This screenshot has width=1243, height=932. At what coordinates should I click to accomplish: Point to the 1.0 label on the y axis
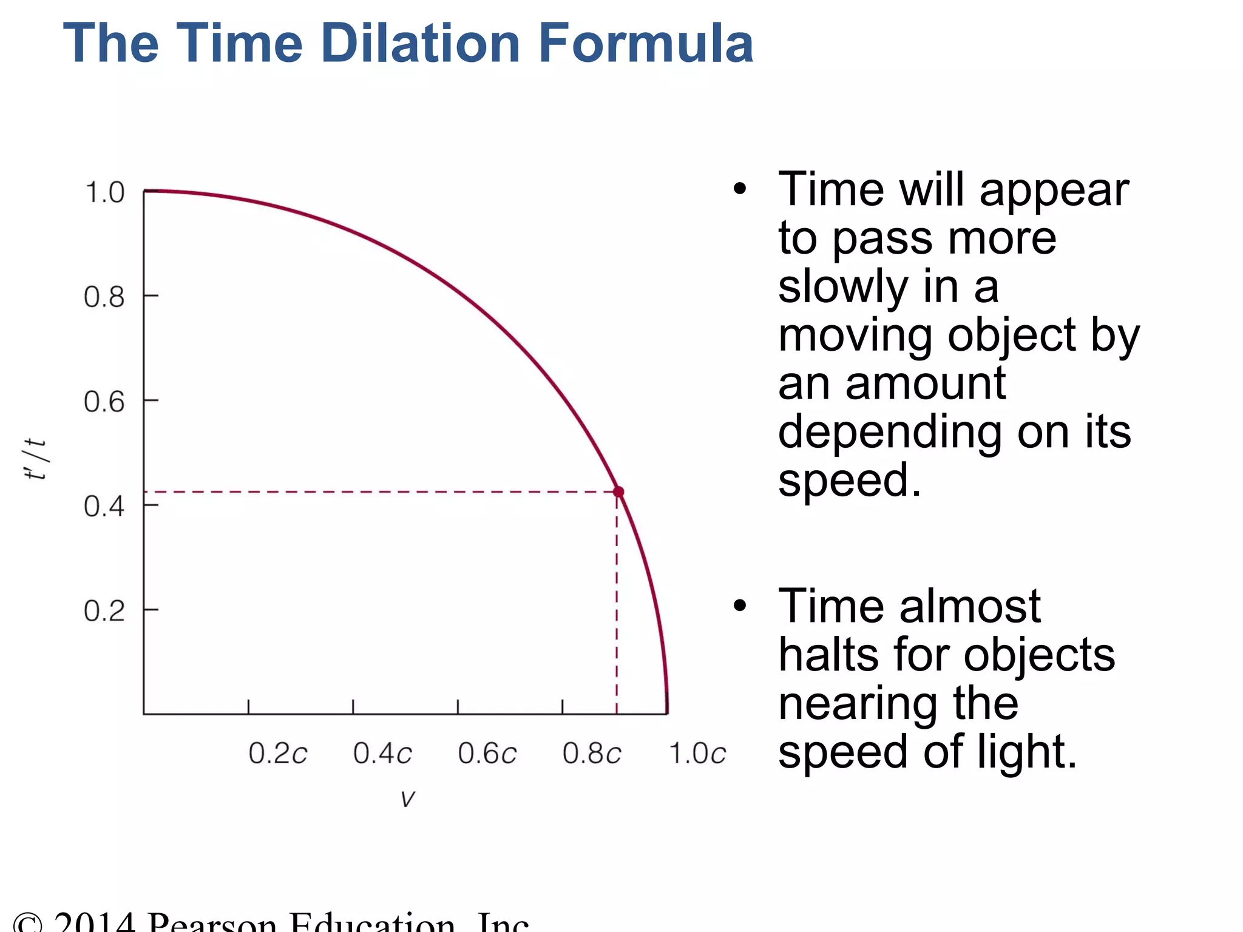(x=105, y=192)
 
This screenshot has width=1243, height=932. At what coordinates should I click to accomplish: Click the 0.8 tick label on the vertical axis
(x=104, y=297)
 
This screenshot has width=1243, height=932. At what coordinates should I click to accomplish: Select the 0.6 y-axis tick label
(x=104, y=402)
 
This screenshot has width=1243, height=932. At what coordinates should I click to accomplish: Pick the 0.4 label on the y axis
(x=104, y=506)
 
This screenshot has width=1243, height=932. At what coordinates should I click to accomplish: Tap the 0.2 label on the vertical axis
(x=104, y=610)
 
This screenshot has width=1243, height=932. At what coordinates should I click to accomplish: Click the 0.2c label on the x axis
(x=278, y=754)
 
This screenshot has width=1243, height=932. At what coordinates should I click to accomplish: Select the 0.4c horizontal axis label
(x=383, y=754)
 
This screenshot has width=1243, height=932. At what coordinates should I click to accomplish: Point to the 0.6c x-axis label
(x=487, y=754)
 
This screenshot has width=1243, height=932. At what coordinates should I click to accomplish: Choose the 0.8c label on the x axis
(x=592, y=754)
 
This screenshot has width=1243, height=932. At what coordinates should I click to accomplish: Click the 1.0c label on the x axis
(x=697, y=754)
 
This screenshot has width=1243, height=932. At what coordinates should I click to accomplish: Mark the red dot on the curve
(x=618, y=491)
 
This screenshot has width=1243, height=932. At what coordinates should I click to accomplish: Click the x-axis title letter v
(x=408, y=799)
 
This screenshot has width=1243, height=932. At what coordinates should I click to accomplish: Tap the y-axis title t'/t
(x=35, y=459)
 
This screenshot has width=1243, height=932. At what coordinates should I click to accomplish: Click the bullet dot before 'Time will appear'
(x=739, y=189)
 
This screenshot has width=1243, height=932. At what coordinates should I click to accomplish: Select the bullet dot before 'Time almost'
(x=739, y=606)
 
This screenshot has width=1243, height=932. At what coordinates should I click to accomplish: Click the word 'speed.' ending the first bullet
(x=850, y=481)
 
